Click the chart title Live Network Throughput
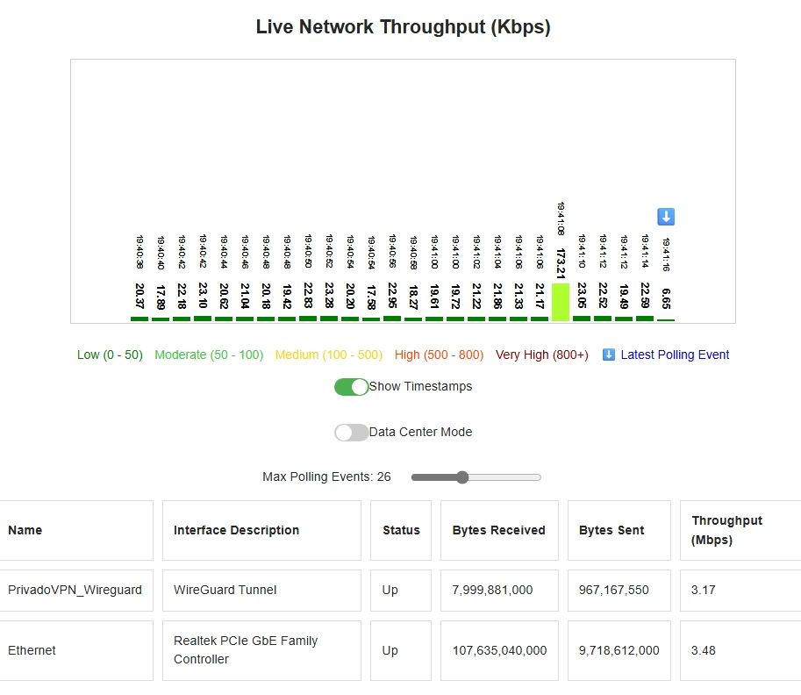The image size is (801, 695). (x=403, y=27)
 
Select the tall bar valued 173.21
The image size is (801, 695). (x=561, y=302)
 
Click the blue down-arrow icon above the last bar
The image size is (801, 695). (x=666, y=217)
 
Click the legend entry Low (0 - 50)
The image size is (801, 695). (x=110, y=355)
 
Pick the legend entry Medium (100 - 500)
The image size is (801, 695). (x=329, y=355)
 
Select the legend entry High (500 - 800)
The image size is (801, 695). (x=439, y=355)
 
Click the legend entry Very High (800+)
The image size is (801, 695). (x=541, y=355)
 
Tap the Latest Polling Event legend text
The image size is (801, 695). (x=675, y=355)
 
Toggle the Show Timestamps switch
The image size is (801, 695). (x=352, y=387)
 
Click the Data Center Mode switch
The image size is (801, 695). (x=352, y=433)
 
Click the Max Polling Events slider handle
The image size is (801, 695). (x=462, y=477)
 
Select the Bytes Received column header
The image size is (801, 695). (x=498, y=530)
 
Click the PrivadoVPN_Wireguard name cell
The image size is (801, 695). (x=75, y=590)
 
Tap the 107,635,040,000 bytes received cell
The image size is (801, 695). (x=499, y=650)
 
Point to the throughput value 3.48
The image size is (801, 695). (x=704, y=650)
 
